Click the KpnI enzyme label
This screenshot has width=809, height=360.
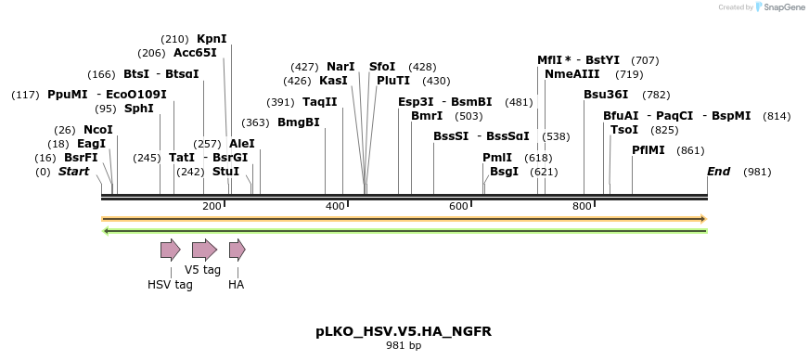(212, 39)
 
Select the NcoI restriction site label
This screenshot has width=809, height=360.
(97, 130)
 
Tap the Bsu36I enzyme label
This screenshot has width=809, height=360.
(606, 95)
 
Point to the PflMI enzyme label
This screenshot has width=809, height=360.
(648, 150)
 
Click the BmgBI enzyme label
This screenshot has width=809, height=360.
(298, 122)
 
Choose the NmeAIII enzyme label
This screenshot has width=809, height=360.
(571, 74)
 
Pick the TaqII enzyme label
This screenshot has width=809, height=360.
(319, 102)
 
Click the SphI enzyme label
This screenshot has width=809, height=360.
(138, 109)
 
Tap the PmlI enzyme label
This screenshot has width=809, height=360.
(497, 158)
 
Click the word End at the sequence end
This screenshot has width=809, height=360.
(718, 172)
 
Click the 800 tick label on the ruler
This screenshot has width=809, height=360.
(582, 205)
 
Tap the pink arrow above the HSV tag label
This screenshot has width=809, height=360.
(170, 250)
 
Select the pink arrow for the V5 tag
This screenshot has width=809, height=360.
(203, 250)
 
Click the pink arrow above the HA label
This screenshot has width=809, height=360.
(237, 250)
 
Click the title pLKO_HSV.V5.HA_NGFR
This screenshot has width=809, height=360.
(404, 331)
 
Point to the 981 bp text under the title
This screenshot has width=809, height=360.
(404, 346)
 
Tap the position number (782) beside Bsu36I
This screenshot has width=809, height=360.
(656, 95)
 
